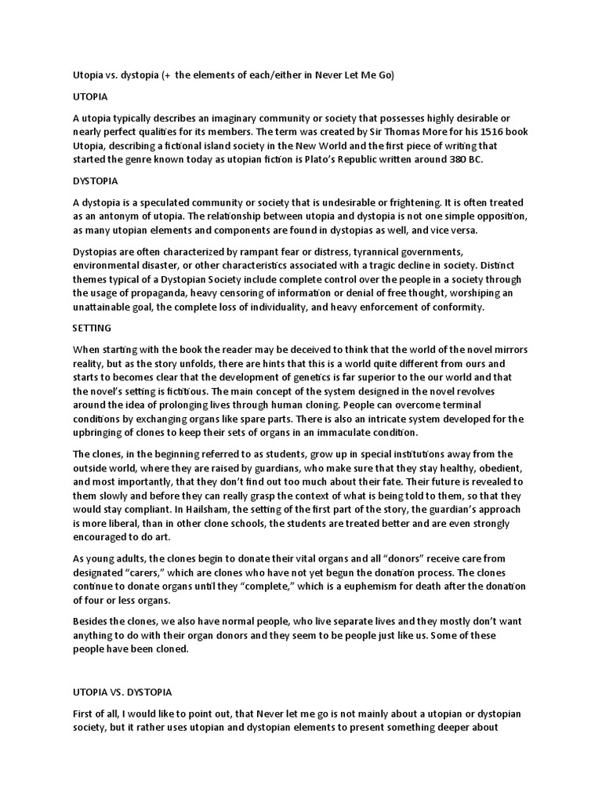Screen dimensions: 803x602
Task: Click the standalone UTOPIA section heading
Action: coord(90,97)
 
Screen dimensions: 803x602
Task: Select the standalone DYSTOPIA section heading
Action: coord(95,181)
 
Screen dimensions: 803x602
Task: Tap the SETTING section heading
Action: coord(92,327)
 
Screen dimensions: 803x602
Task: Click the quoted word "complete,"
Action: coord(267,587)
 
